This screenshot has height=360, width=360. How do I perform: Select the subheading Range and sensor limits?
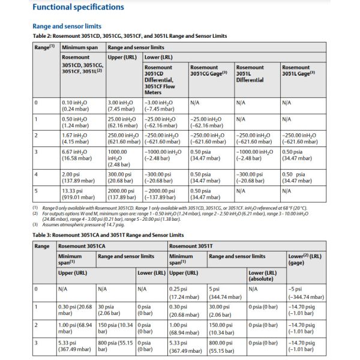pyautogui.click(x=67, y=26)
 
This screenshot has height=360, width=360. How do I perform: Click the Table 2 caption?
pyautogui.click(x=130, y=36)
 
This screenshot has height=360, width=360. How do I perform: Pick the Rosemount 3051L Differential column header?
pyautogui.click(x=250, y=73)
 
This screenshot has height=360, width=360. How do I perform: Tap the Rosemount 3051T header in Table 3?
pyautogui.click(x=190, y=245)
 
